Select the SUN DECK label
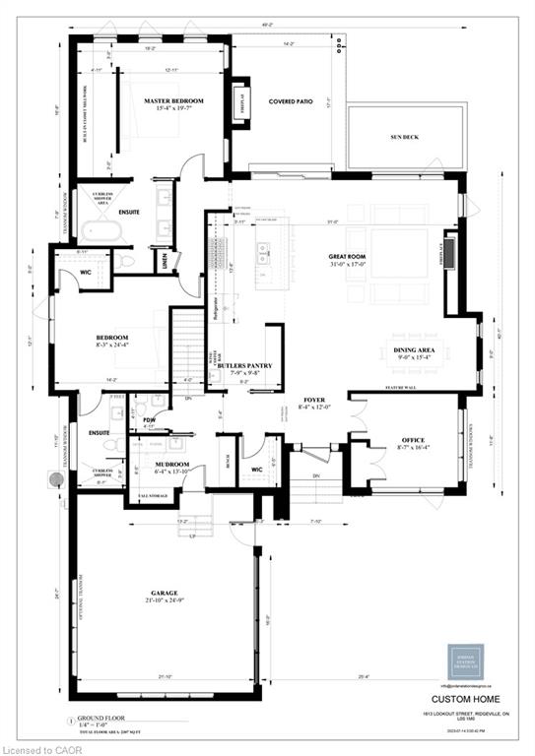tap(404, 137)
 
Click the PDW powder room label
tap(150, 418)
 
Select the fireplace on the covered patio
tap(239, 101)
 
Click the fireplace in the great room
tap(451, 252)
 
